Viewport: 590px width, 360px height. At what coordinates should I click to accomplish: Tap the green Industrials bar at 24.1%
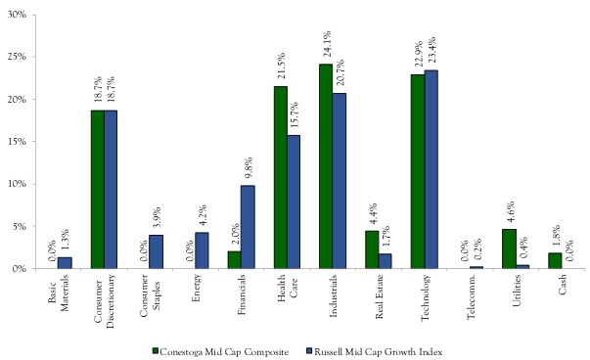click(x=326, y=166)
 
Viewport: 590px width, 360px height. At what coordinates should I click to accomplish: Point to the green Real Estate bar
click(x=372, y=249)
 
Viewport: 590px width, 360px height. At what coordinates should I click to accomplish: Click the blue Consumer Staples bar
click(x=157, y=251)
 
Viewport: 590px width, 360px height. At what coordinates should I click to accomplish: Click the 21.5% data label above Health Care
click(x=281, y=69)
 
